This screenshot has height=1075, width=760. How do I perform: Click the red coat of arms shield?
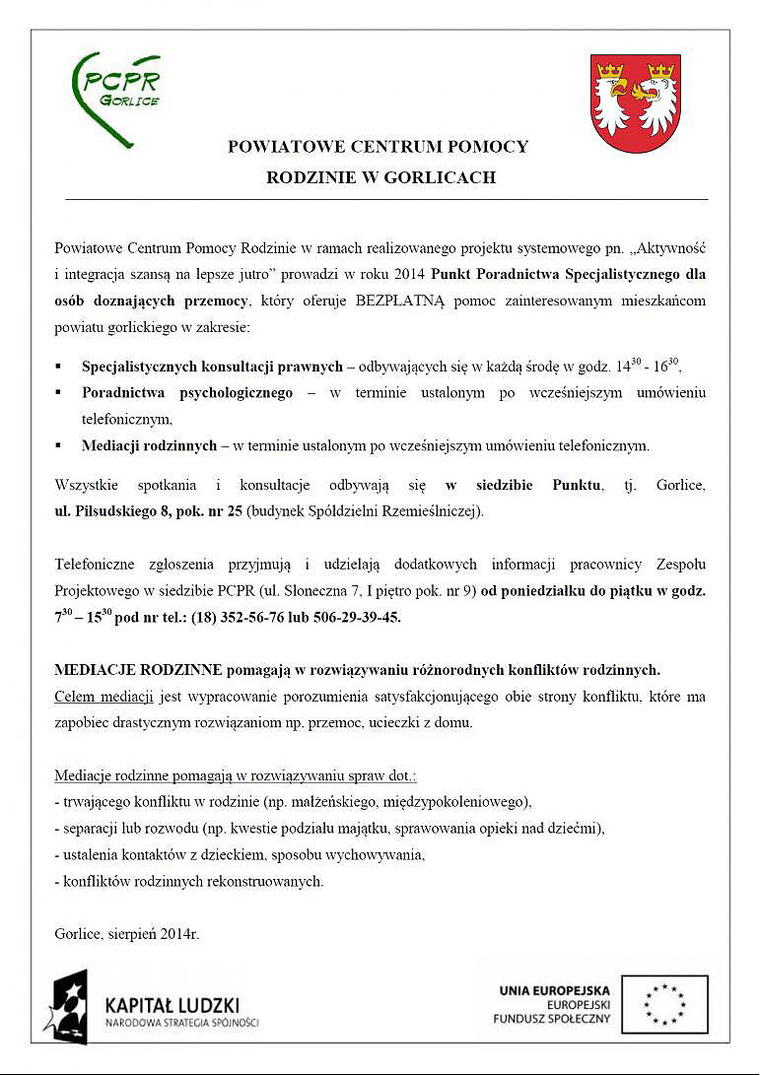pyautogui.click(x=636, y=102)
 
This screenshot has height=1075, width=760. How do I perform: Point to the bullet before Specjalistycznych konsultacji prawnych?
pyautogui.click(x=59, y=367)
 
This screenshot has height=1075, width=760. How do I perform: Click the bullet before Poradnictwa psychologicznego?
pyautogui.click(x=59, y=393)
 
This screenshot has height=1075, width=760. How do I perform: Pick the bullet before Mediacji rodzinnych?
pyautogui.click(x=59, y=445)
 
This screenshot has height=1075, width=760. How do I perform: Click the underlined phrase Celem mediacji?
pyautogui.click(x=104, y=697)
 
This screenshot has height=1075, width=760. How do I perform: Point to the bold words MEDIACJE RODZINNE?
pyautogui.click(x=138, y=670)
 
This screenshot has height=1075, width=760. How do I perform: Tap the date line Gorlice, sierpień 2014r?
pyautogui.click(x=127, y=933)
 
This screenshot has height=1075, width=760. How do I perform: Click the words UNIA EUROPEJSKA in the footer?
pyautogui.click(x=554, y=990)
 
